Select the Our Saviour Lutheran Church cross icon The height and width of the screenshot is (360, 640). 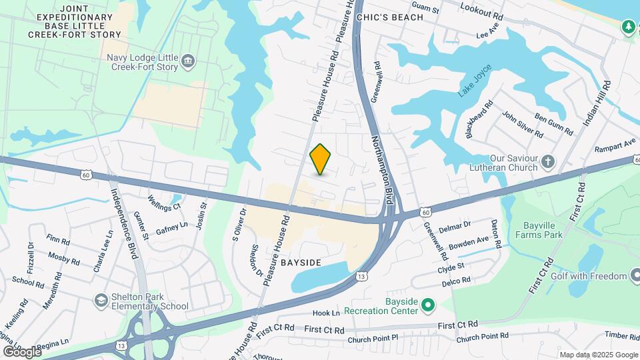[x=547, y=161]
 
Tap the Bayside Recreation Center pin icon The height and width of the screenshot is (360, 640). [x=428, y=306]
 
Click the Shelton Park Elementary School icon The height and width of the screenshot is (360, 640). [x=101, y=299]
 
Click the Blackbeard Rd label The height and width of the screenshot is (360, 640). [x=479, y=119]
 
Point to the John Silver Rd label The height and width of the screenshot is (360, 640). [x=522, y=124]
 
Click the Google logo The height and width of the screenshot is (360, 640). [x=21, y=351]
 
